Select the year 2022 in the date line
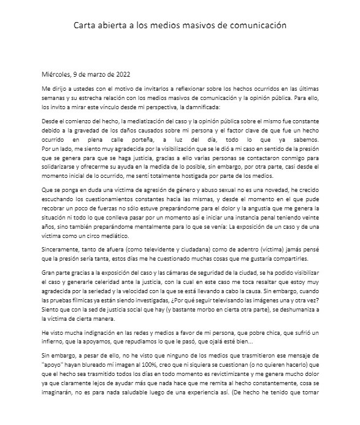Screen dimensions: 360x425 pos(120,76)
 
